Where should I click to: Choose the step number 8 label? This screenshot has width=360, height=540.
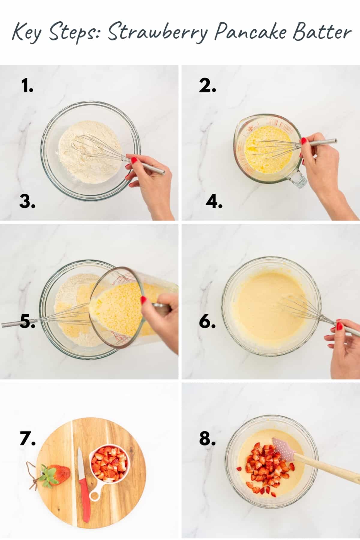pyautogui.click(x=207, y=439)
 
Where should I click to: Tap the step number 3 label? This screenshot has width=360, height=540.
pyautogui.click(x=27, y=202)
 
